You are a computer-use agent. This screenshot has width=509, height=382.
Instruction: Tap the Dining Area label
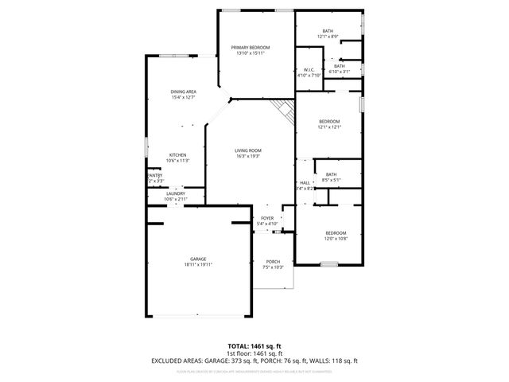tap(184, 92)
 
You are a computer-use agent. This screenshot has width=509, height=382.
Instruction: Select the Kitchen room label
tap(177, 154)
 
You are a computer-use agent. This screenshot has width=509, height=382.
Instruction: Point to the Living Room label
tap(248, 150)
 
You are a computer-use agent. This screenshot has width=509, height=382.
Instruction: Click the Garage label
tap(198, 259)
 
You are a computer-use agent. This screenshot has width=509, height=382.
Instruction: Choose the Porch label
tap(273, 262)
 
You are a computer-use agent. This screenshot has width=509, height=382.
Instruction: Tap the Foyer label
tap(268, 218)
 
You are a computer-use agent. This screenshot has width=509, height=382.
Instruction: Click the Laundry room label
tap(176, 193)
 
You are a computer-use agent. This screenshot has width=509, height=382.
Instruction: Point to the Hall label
tap(305, 182)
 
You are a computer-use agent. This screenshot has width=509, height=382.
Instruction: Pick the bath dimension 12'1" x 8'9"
tap(328, 37)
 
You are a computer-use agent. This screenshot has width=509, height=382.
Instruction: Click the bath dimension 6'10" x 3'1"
tap(339, 72)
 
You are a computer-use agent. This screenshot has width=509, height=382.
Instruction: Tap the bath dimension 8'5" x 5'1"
tap(331, 180)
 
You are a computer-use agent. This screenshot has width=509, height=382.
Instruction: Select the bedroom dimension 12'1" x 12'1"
tap(329, 127)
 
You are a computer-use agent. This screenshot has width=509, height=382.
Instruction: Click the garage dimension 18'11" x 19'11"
tap(198, 264)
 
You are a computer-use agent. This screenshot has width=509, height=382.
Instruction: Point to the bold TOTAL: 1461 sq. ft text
tap(254, 346)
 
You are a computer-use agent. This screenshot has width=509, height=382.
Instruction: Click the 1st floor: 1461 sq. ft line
tap(254, 353)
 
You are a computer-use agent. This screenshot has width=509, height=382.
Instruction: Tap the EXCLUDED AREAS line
tap(254, 361)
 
